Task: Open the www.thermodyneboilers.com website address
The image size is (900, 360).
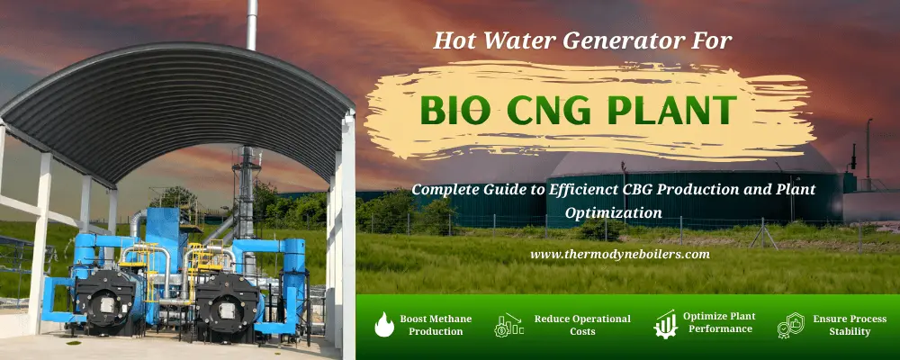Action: coord(620,254)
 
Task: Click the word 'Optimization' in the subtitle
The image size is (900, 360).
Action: coord(612,212)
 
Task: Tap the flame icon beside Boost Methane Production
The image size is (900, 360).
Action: coord(383,325)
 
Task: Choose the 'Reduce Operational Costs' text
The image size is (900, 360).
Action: coord(582,325)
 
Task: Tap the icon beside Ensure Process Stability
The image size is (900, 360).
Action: coord(790,325)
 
